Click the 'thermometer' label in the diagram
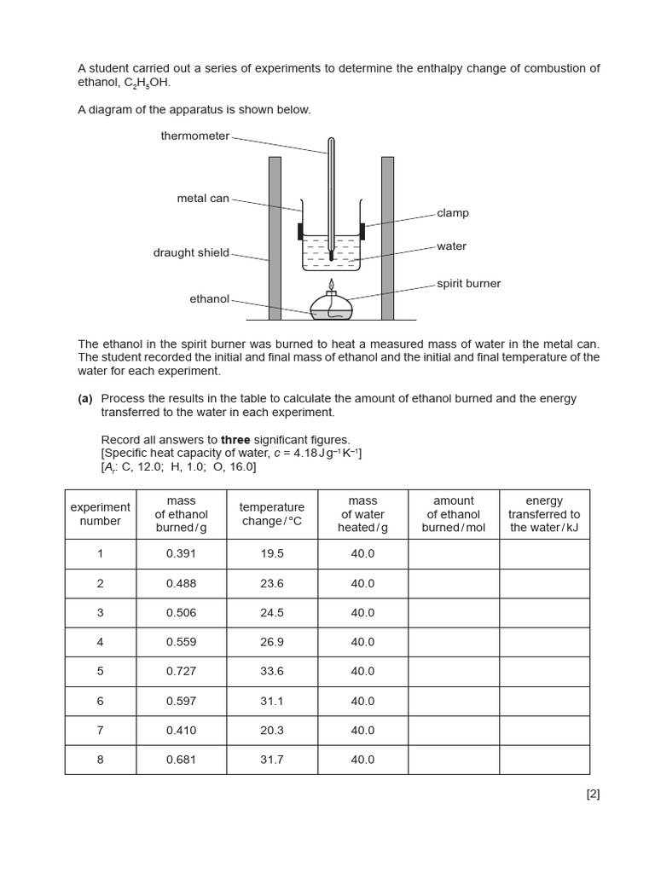[194, 136]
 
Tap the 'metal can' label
[203, 199]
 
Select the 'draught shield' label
[191, 252]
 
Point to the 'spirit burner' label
[468, 283]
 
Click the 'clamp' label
[453, 213]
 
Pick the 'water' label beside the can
[451, 246]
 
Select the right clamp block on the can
[362, 230]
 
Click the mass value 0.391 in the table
[181, 554]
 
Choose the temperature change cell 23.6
[272, 583]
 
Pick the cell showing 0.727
[181, 671]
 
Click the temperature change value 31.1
[272, 701]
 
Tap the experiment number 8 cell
[100, 760]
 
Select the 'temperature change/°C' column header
[272, 514]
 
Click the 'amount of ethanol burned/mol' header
[453, 514]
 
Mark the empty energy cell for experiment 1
[544, 554]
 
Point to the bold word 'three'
[235, 440]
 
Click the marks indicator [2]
[593, 794]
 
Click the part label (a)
[85, 399]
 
